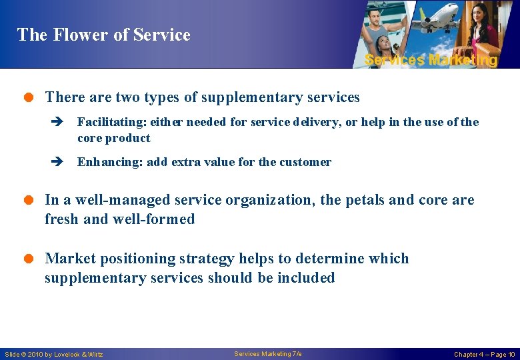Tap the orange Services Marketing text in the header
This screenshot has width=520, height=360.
pyautogui.click(x=431, y=60)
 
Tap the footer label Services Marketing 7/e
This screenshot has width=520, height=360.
pyautogui.click(x=268, y=353)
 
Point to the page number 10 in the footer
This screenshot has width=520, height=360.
pyautogui.click(x=511, y=354)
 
